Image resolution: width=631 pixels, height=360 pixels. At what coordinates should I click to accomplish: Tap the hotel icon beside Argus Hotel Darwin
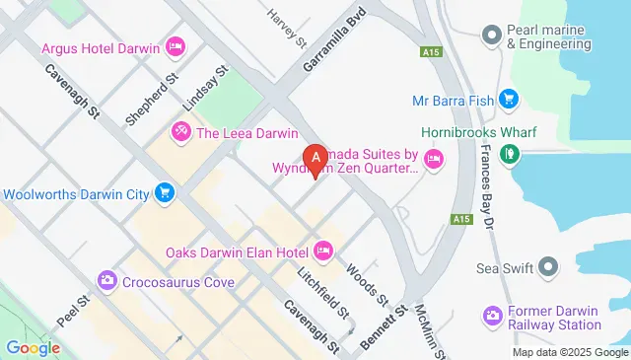point(176,46)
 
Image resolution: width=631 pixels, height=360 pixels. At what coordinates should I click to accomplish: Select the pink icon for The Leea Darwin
point(181,131)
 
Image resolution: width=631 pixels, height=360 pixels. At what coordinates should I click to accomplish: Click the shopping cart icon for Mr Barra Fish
point(509,99)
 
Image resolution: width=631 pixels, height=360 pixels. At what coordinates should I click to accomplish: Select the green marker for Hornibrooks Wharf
point(509,153)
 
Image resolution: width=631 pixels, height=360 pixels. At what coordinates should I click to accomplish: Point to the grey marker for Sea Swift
point(548,267)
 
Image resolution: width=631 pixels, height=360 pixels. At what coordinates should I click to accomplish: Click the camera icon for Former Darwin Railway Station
point(492,316)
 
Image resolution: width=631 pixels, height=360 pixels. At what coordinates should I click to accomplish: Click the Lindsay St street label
point(205,90)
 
